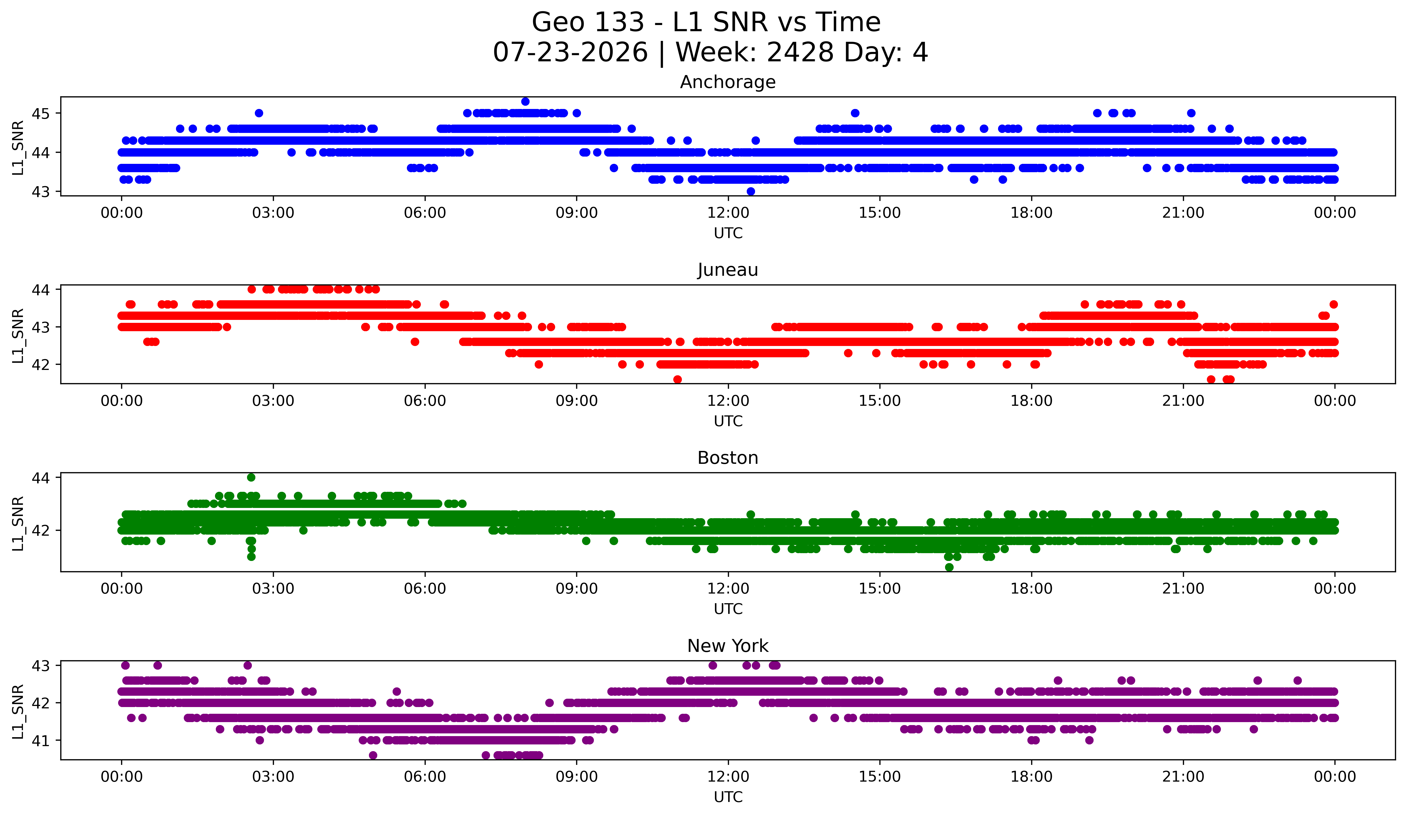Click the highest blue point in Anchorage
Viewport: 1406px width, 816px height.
click(x=525, y=101)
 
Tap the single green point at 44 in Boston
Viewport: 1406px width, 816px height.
click(x=251, y=478)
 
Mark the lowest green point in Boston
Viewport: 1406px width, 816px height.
click(x=949, y=567)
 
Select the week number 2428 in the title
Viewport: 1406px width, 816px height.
click(x=800, y=52)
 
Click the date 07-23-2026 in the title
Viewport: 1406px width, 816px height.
click(x=570, y=52)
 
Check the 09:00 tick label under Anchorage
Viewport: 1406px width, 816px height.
click(x=576, y=213)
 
